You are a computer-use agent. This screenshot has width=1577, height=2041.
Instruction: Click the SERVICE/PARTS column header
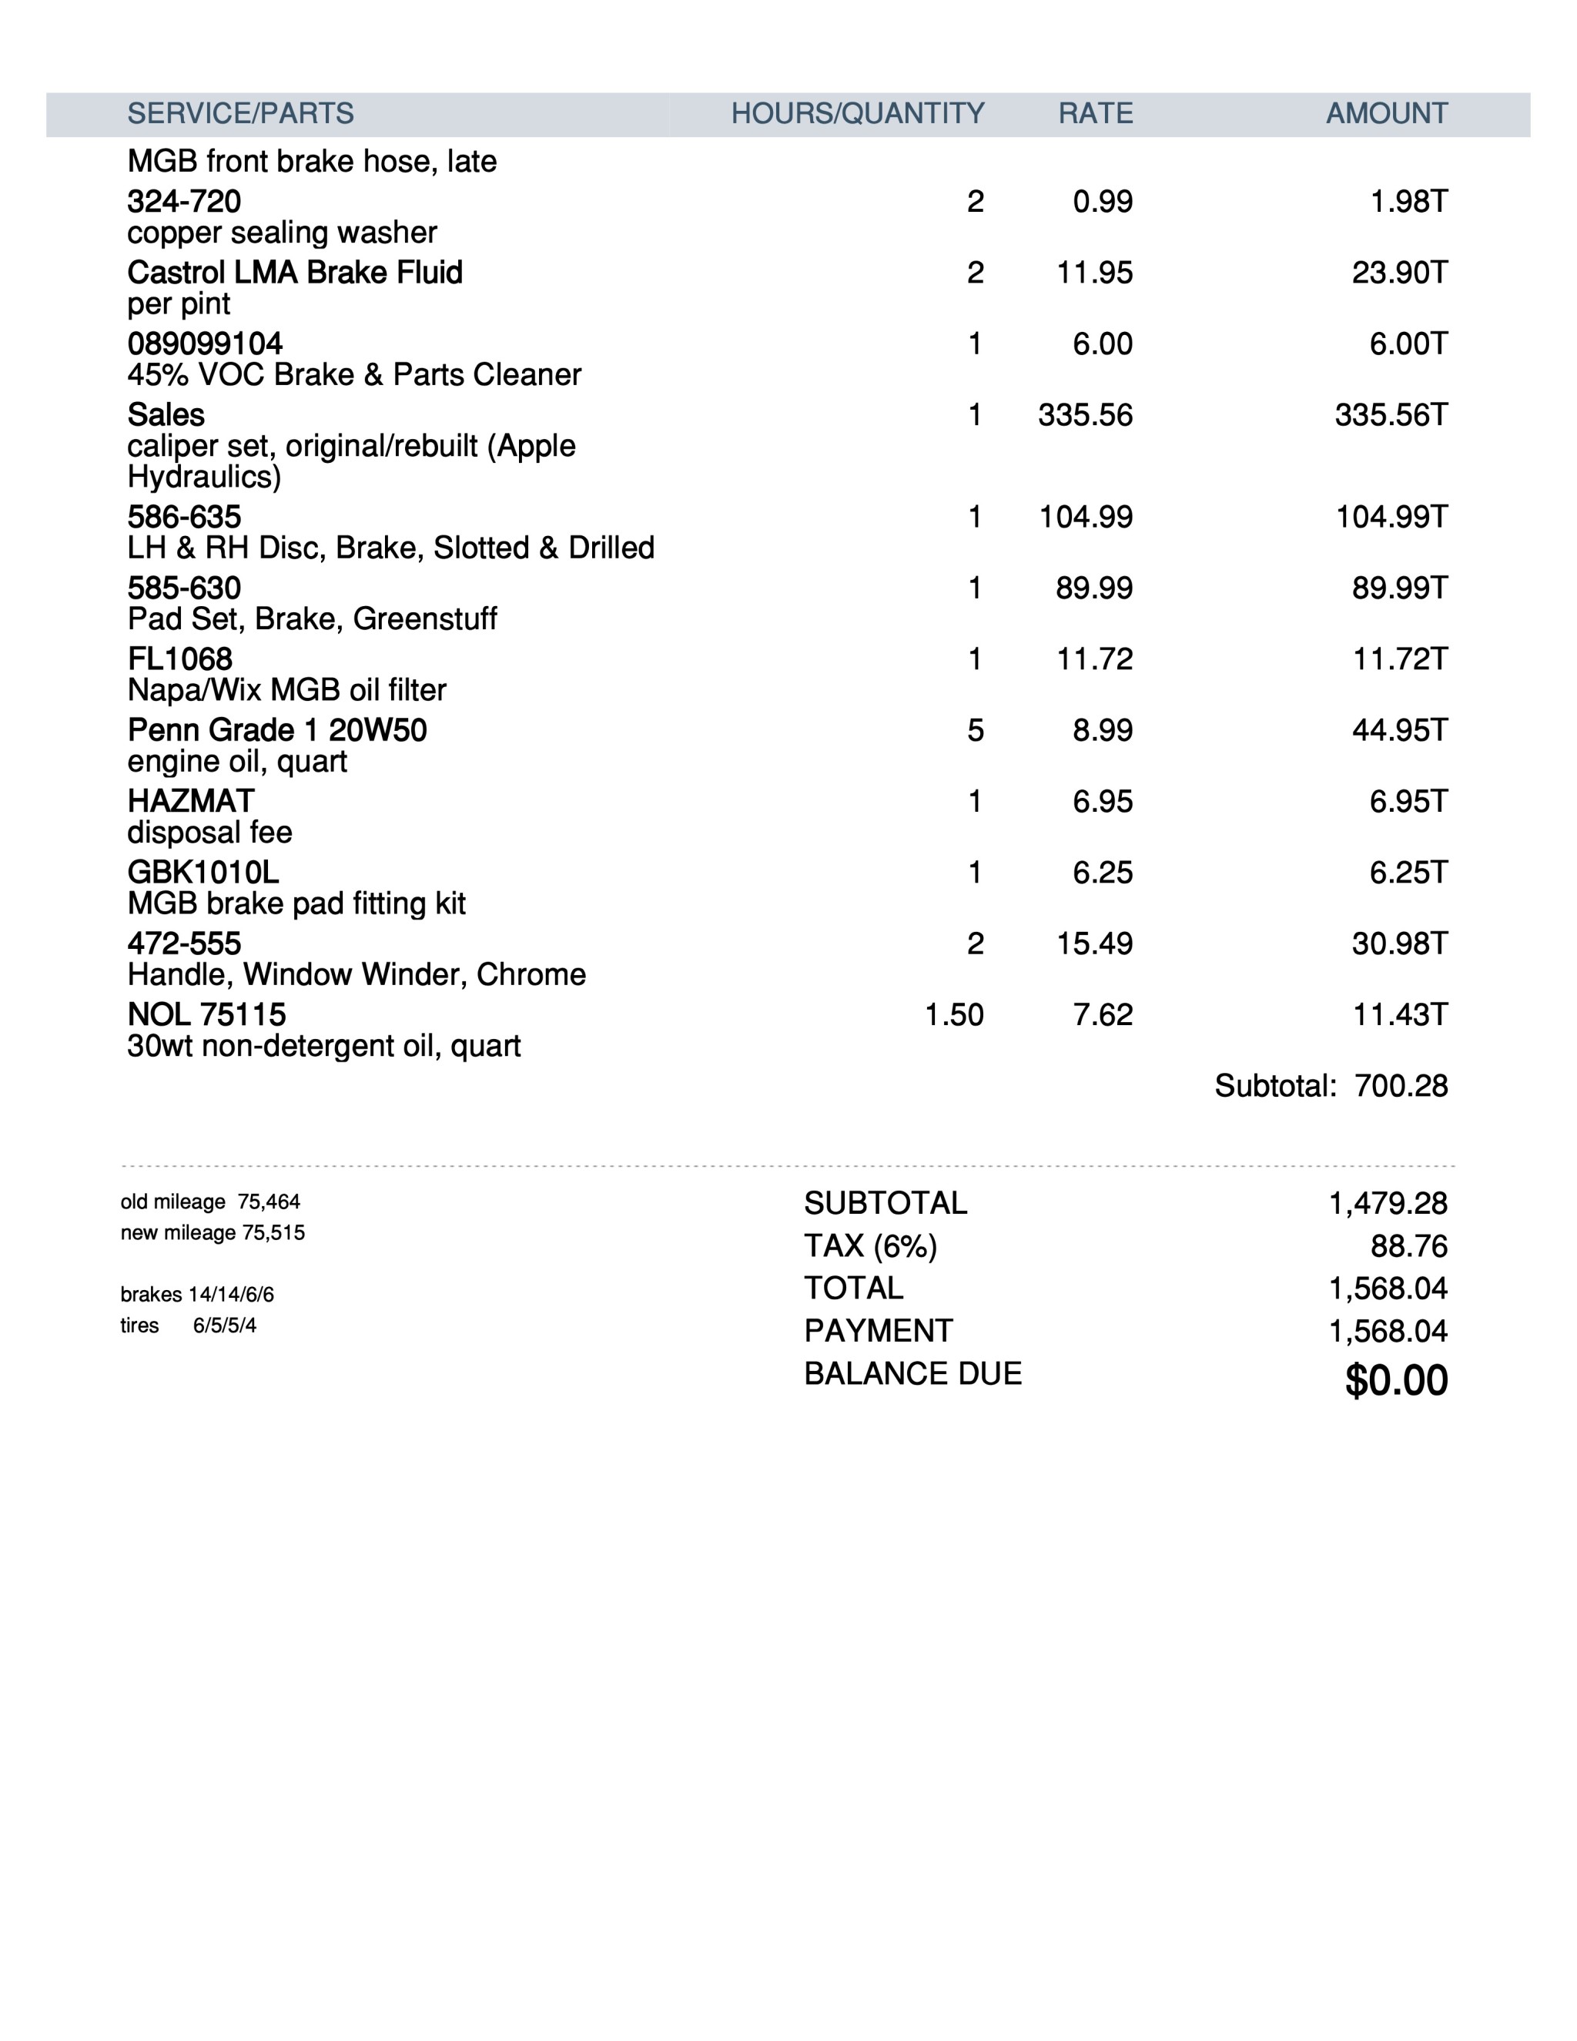point(240,114)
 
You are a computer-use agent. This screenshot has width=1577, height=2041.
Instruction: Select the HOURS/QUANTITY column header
point(857,114)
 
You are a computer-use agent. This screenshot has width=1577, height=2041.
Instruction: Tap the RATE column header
point(1095,114)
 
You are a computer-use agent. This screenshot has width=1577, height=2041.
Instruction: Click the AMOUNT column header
point(1386,114)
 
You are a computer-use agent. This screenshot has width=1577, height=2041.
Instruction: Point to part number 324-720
point(184,202)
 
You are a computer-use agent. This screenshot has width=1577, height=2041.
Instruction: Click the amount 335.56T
point(1390,415)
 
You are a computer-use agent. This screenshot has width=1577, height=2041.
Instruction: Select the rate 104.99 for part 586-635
point(1086,517)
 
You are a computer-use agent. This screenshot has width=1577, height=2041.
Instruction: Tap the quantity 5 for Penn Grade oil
point(974,730)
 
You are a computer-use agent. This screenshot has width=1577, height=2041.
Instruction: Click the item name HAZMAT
point(191,801)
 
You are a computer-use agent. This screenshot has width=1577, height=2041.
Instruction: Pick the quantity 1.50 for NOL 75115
point(954,1015)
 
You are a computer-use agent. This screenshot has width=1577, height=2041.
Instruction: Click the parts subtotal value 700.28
point(1401,1086)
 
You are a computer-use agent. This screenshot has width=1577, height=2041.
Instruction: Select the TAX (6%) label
point(870,1245)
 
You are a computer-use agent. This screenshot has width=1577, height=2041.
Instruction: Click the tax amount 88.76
point(1409,1245)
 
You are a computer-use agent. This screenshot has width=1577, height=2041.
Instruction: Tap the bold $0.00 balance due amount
point(1396,1380)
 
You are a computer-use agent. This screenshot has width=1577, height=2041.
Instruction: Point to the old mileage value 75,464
point(269,1201)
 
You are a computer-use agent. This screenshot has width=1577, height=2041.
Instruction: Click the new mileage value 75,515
point(273,1232)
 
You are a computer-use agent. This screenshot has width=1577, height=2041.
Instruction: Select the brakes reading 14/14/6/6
point(231,1295)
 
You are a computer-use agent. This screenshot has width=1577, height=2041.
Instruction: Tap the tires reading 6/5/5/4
point(224,1325)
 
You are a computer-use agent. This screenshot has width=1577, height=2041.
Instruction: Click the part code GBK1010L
point(203,873)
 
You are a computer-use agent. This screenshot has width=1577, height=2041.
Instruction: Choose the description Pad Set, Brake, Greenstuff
point(312,618)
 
